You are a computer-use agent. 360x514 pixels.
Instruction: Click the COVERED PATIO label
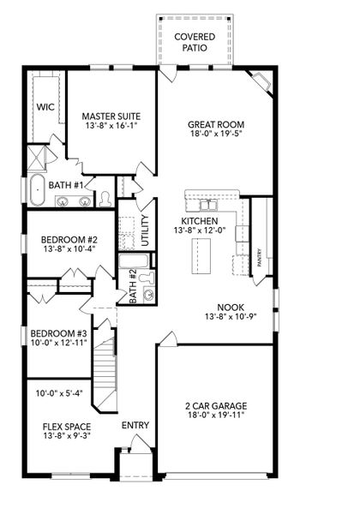[195, 42]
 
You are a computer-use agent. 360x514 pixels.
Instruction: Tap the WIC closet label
[45, 107]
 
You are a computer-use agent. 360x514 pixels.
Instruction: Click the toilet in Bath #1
[105, 199]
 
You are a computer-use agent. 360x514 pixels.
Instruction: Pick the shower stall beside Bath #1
[38, 157]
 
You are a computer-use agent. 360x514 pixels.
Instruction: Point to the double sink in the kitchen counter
[208, 206]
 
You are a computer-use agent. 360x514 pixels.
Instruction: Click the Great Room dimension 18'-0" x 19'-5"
[209, 134]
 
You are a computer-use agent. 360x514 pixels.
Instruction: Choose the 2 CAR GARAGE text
[218, 407]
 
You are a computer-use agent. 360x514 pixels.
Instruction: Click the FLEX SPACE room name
[67, 426]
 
